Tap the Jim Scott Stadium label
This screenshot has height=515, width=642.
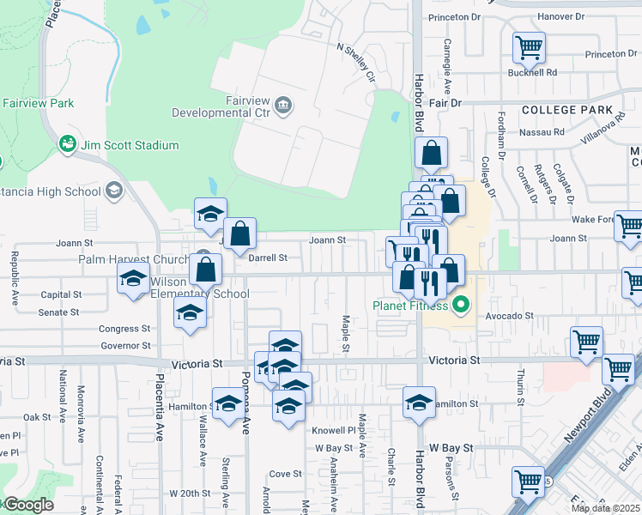pyautogui.click(x=130, y=145)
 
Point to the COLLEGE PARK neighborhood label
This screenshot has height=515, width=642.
pyautogui.click(x=567, y=110)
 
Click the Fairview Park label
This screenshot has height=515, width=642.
pyautogui.click(x=38, y=103)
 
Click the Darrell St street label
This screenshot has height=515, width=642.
pyautogui.click(x=267, y=257)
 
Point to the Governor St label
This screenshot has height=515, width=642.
pyautogui.click(x=124, y=346)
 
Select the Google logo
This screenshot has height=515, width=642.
pyautogui.click(x=27, y=506)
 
